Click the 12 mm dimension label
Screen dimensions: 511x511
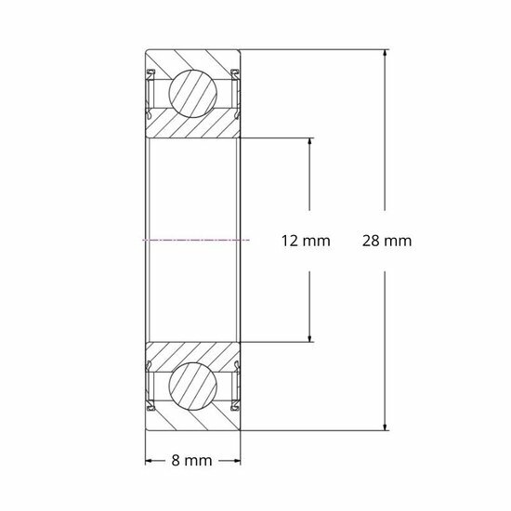pos(306,242)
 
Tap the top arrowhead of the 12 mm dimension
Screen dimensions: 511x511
pos(309,142)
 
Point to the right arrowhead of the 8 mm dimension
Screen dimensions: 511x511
pos(239,460)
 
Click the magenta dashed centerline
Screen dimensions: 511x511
pos(195,240)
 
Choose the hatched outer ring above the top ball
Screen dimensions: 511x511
pos(195,59)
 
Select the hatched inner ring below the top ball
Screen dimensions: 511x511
pos(195,127)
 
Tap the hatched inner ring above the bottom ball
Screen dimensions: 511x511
pos(195,352)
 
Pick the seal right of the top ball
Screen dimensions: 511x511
pos(236,92)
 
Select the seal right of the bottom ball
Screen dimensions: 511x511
pos(236,387)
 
